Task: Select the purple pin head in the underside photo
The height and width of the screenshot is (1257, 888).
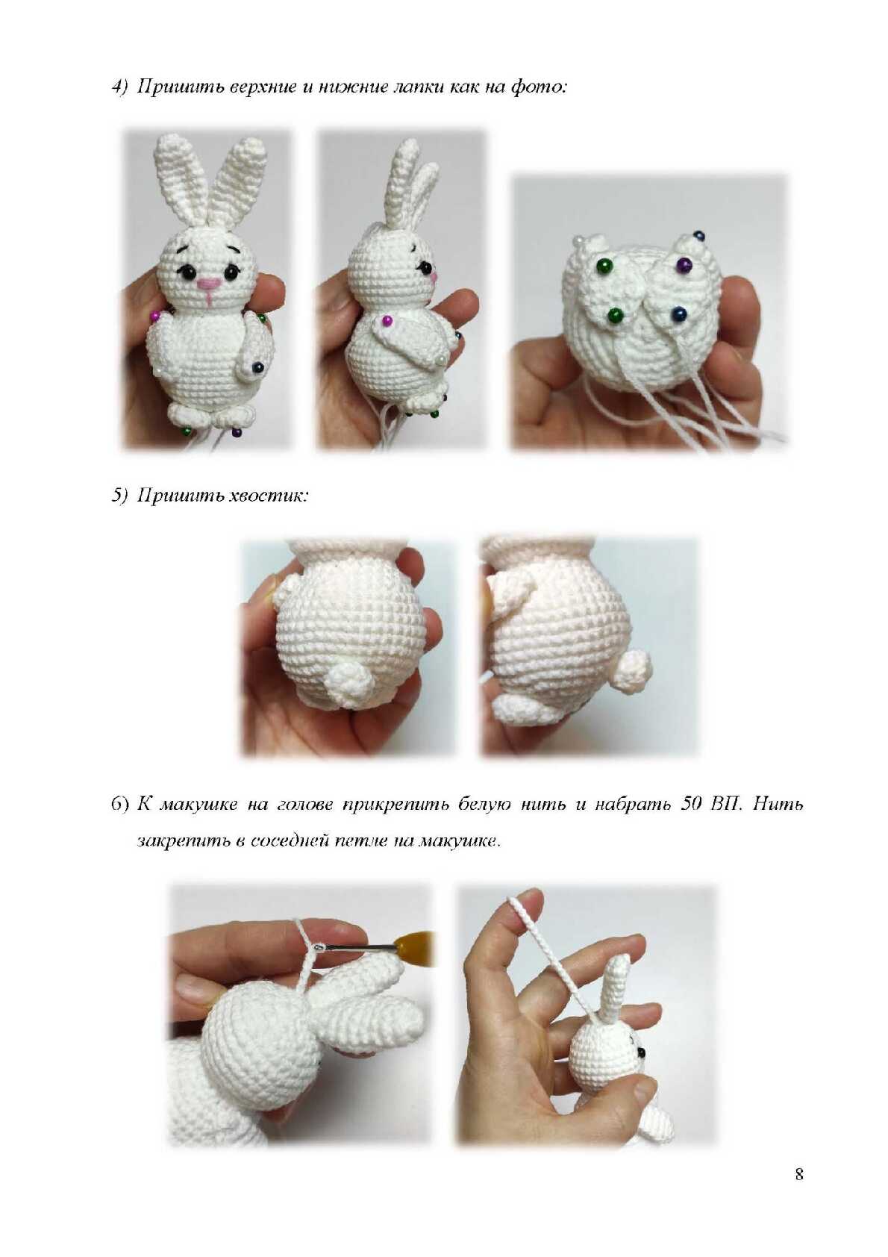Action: (683, 263)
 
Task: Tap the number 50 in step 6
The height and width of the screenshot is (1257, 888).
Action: (690, 804)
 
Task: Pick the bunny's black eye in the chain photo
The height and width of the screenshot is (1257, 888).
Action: (640, 1056)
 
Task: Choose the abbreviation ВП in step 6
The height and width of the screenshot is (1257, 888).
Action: (726, 804)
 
